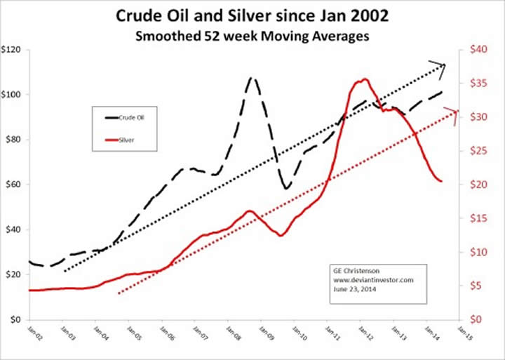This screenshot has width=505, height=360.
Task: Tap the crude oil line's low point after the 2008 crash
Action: click(x=286, y=188)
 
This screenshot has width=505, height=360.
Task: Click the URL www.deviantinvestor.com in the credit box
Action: click(x=365, y=279)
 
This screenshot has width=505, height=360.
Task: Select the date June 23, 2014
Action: click(x=353, y=288)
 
